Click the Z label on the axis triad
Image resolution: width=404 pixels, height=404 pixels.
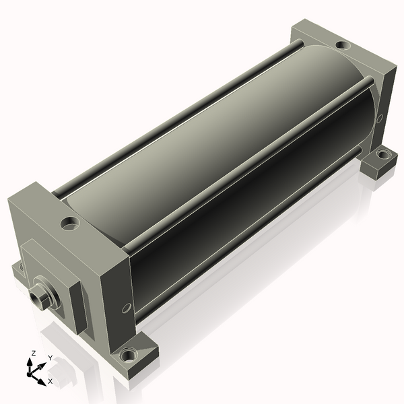click(x=33, y=353)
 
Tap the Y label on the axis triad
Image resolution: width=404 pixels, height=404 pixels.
click(x=50, y=358)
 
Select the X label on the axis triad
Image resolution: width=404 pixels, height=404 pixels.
click(x=50, y=381)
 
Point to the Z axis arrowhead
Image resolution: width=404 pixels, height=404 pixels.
click(x=30, y=362)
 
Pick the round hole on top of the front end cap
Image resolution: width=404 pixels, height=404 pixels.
click(x=69, y=223)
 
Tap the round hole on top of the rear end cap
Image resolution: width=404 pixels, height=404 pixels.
click(x=343, y=45)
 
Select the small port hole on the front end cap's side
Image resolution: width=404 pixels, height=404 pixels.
click(x=127, y=308)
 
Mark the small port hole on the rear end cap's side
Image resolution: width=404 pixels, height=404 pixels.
click(x=380, y=119)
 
